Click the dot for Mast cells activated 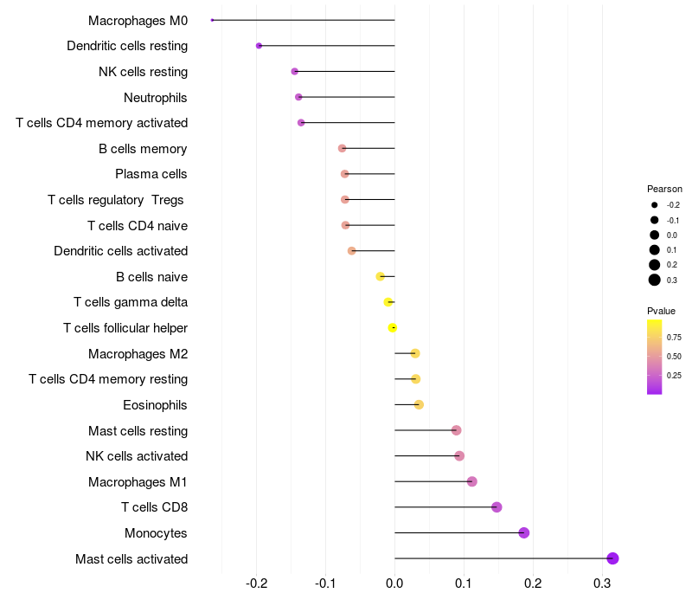pyautogui.click(x=612, y=558)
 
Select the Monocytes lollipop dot pyautogui.click(x=524, y=532)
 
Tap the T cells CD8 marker pyautogui.click(x=497, y=507)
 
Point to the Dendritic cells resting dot pyautogui.click(x=259, y=46)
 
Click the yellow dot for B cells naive pyautogui.click(x=380, y=276)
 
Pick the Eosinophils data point pyautogui.click(x=419, y=404)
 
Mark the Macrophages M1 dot pyautogui.click(x=471, y=481)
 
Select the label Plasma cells pyautogui.click(x=151, y=174)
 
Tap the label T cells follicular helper pyautogui.click(x=125, y=328)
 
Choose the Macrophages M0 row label pyautogui.click(x=138, y=20)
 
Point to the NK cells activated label pyautogui.click(x=137, y=456)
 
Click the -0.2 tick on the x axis pyautogui.click(x=257, y=584)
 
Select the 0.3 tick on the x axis pyautogui.click(x=602, y=584)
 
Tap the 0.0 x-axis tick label pyautogui.click(x=394, y=584)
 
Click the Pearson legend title pyautogui.click(x=664, y=189)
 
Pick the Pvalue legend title pyautogui.click(x=661, y=311)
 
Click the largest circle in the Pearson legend pyautogui.click(x=655, y=280)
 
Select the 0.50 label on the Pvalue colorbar pyautogui.click(x=674, y=356)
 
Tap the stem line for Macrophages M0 pyautogui.click(x=303, y=20)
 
